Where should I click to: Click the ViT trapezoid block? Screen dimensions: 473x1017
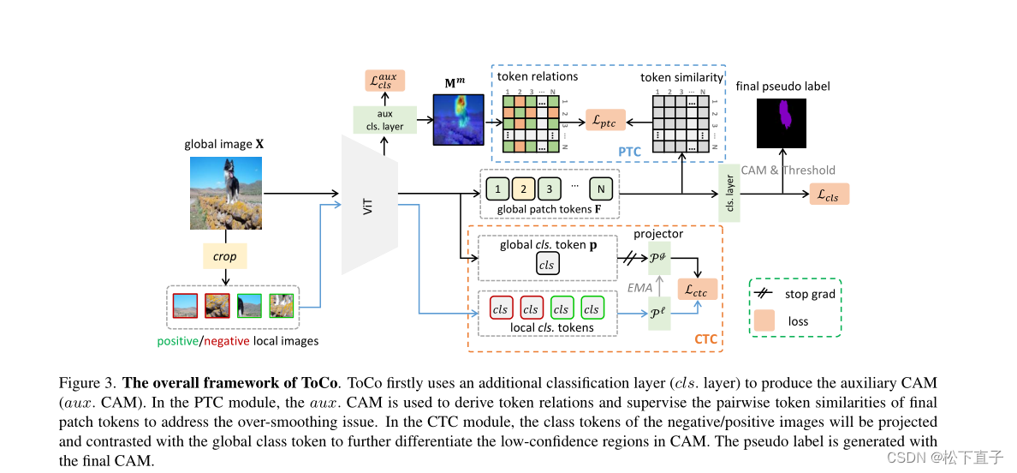[369, 206]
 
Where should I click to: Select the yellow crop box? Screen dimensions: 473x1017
[224, 256]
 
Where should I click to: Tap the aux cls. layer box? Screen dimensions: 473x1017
[384, 120]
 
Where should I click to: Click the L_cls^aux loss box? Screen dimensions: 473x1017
[384, 81]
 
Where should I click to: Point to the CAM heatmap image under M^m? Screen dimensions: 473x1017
[458, 119]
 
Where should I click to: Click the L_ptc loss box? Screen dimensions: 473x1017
[604, 121]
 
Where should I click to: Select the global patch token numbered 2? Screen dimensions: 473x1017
[525, 188]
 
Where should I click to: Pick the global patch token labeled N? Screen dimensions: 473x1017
[602, 188]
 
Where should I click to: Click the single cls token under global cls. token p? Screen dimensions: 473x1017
[547, 265]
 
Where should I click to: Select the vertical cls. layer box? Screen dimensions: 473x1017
[730, 194]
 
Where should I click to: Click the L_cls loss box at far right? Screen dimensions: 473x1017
[828, 195]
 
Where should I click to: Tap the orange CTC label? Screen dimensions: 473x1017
[705, 340]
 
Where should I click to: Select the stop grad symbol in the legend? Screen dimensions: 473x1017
[764, 294]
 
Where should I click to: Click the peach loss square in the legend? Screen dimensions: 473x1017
[764, 321]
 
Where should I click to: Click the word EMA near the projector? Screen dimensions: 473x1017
[639, 288]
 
